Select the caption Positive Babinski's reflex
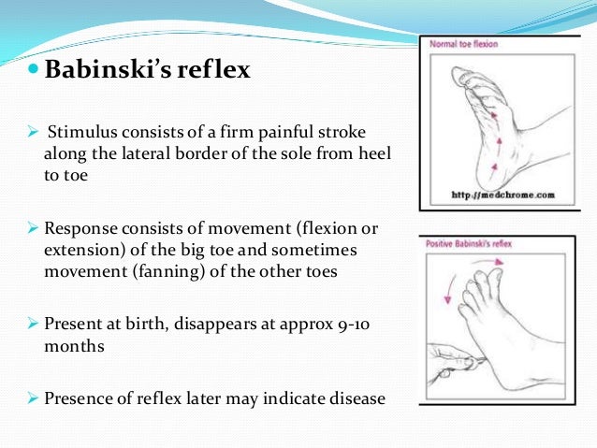point(471,245)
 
